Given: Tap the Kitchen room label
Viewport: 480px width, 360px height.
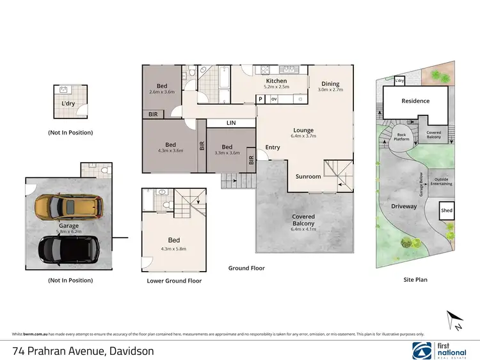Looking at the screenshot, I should [276, 81].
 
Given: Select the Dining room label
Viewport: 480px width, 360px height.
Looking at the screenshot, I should [330, 84].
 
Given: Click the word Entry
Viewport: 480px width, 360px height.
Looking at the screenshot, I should [273, 147].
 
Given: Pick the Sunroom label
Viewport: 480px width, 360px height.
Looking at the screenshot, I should [308, 176].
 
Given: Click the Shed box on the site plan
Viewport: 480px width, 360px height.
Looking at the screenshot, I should [446, 211].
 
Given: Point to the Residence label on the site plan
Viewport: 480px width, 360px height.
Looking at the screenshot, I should [415, 101].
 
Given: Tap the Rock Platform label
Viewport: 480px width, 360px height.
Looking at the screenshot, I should [402, 136].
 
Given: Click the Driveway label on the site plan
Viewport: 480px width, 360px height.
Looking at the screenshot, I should [404, 206].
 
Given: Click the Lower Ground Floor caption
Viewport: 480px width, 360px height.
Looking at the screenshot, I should [174, 281].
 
